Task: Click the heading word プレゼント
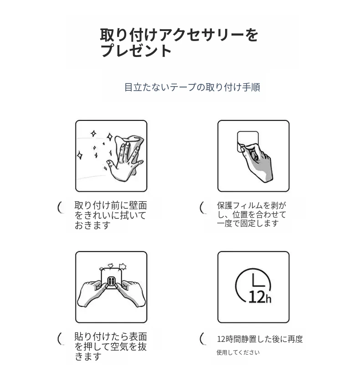click(x=136, y=51)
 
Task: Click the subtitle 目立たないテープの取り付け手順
click(x=192, y=87)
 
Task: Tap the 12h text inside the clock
click(x=260, y=297)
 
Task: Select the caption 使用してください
click(x=238, y=352)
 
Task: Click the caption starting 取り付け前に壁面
click(x=111, y=215)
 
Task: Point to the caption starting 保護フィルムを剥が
click(x=252, y=214)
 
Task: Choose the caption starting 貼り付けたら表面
click(x=111, y=346)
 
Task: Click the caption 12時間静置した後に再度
click(x=260, y=339)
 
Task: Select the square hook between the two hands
click(x=111, y=279)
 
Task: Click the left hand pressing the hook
click(x=92, y=293)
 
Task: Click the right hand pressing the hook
click(x=130, y=293)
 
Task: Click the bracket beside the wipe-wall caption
click(x=60, y=207)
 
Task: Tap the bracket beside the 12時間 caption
click(x=202, y=339)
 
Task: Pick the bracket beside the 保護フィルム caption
click(x=202, y=207)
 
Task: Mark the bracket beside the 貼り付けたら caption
click(x=60, y=339)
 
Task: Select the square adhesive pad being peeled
click(x=248, y=142)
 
